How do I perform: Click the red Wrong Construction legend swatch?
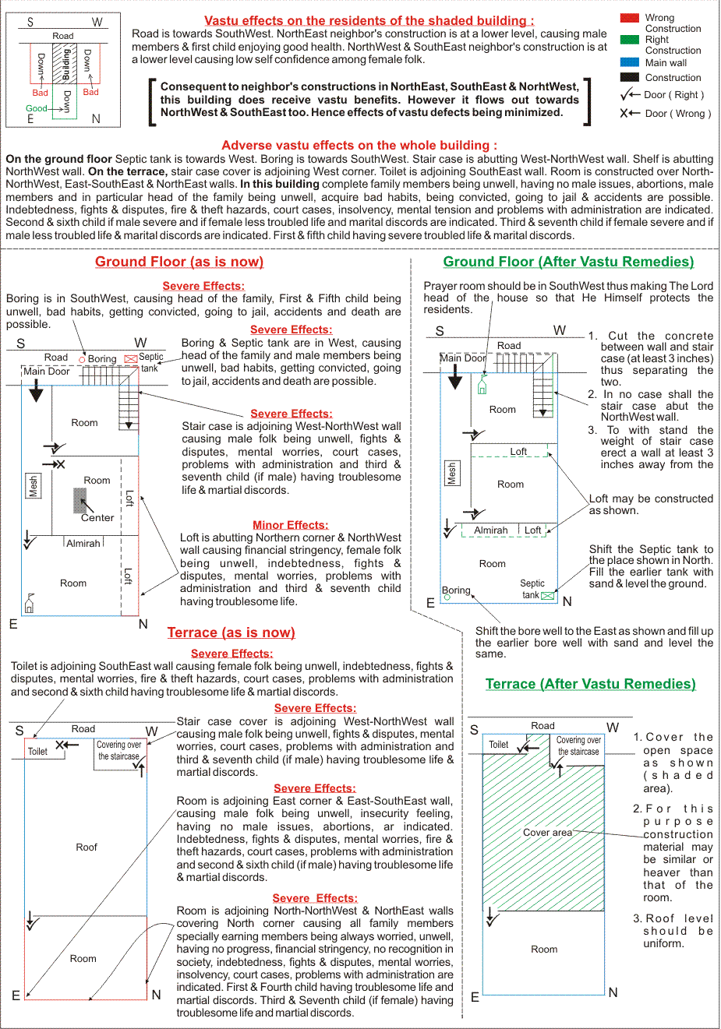(x=629, y=18)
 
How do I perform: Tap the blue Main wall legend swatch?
(x=629, y=62)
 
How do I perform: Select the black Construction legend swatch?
(x=629, y=77)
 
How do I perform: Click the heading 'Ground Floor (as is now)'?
(x=179, y=262)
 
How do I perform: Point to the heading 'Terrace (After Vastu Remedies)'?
(x=591, y=684)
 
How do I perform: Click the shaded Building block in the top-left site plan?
(x=65, y=64)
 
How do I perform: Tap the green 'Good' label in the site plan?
(x=36, y=108)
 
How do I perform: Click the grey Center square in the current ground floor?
(x=80, y=500)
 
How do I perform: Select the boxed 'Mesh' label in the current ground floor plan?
(x=33, y=485)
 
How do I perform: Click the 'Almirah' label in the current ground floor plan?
(x=83, y=544)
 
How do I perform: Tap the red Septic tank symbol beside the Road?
(x=131, y=359)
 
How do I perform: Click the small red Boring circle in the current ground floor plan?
(x=83, y=359)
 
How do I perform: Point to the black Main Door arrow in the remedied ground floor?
(x=455, y=377)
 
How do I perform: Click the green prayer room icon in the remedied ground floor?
(x=482, y=385)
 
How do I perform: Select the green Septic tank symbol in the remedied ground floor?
(x=547, y=596)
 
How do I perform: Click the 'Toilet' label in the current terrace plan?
(x=37, y=752)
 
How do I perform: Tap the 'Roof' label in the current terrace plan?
(x=87, y=847)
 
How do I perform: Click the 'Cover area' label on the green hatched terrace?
(x=547, y=833)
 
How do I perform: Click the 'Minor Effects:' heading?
(x=291, y=524)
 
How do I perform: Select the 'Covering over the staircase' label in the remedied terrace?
(x=578, y=745)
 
